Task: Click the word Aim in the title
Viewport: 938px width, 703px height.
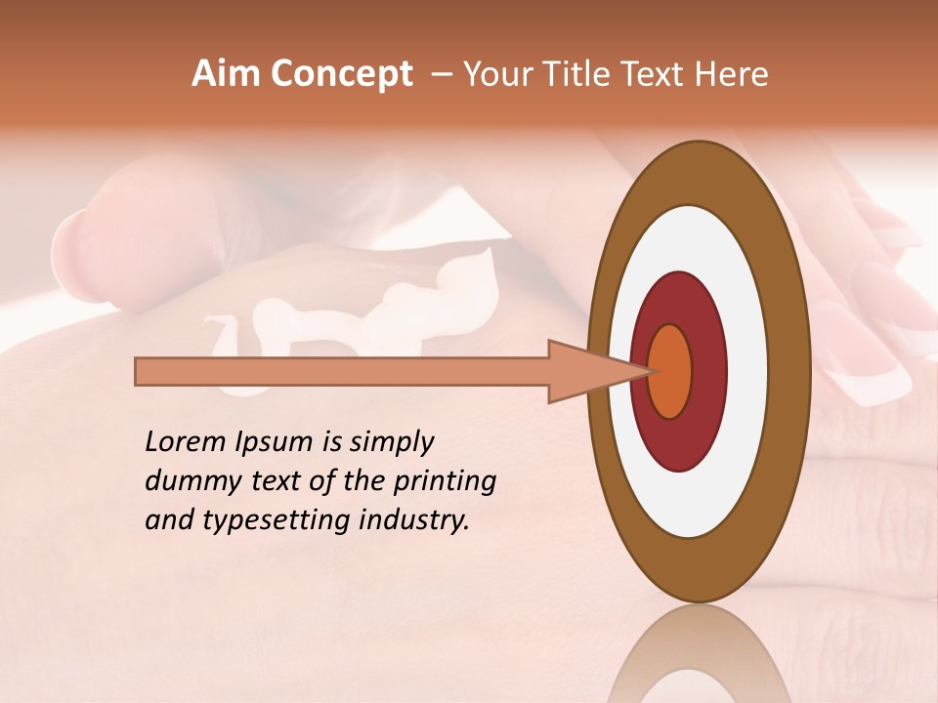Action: (226, 74)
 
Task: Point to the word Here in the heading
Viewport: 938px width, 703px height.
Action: (732, 74)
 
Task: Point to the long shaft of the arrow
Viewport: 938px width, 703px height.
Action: (342, 371)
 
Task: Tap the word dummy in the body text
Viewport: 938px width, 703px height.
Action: (187, 481)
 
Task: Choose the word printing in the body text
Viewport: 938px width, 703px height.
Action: (444, 482)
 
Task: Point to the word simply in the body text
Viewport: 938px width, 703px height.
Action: (390, 443)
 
